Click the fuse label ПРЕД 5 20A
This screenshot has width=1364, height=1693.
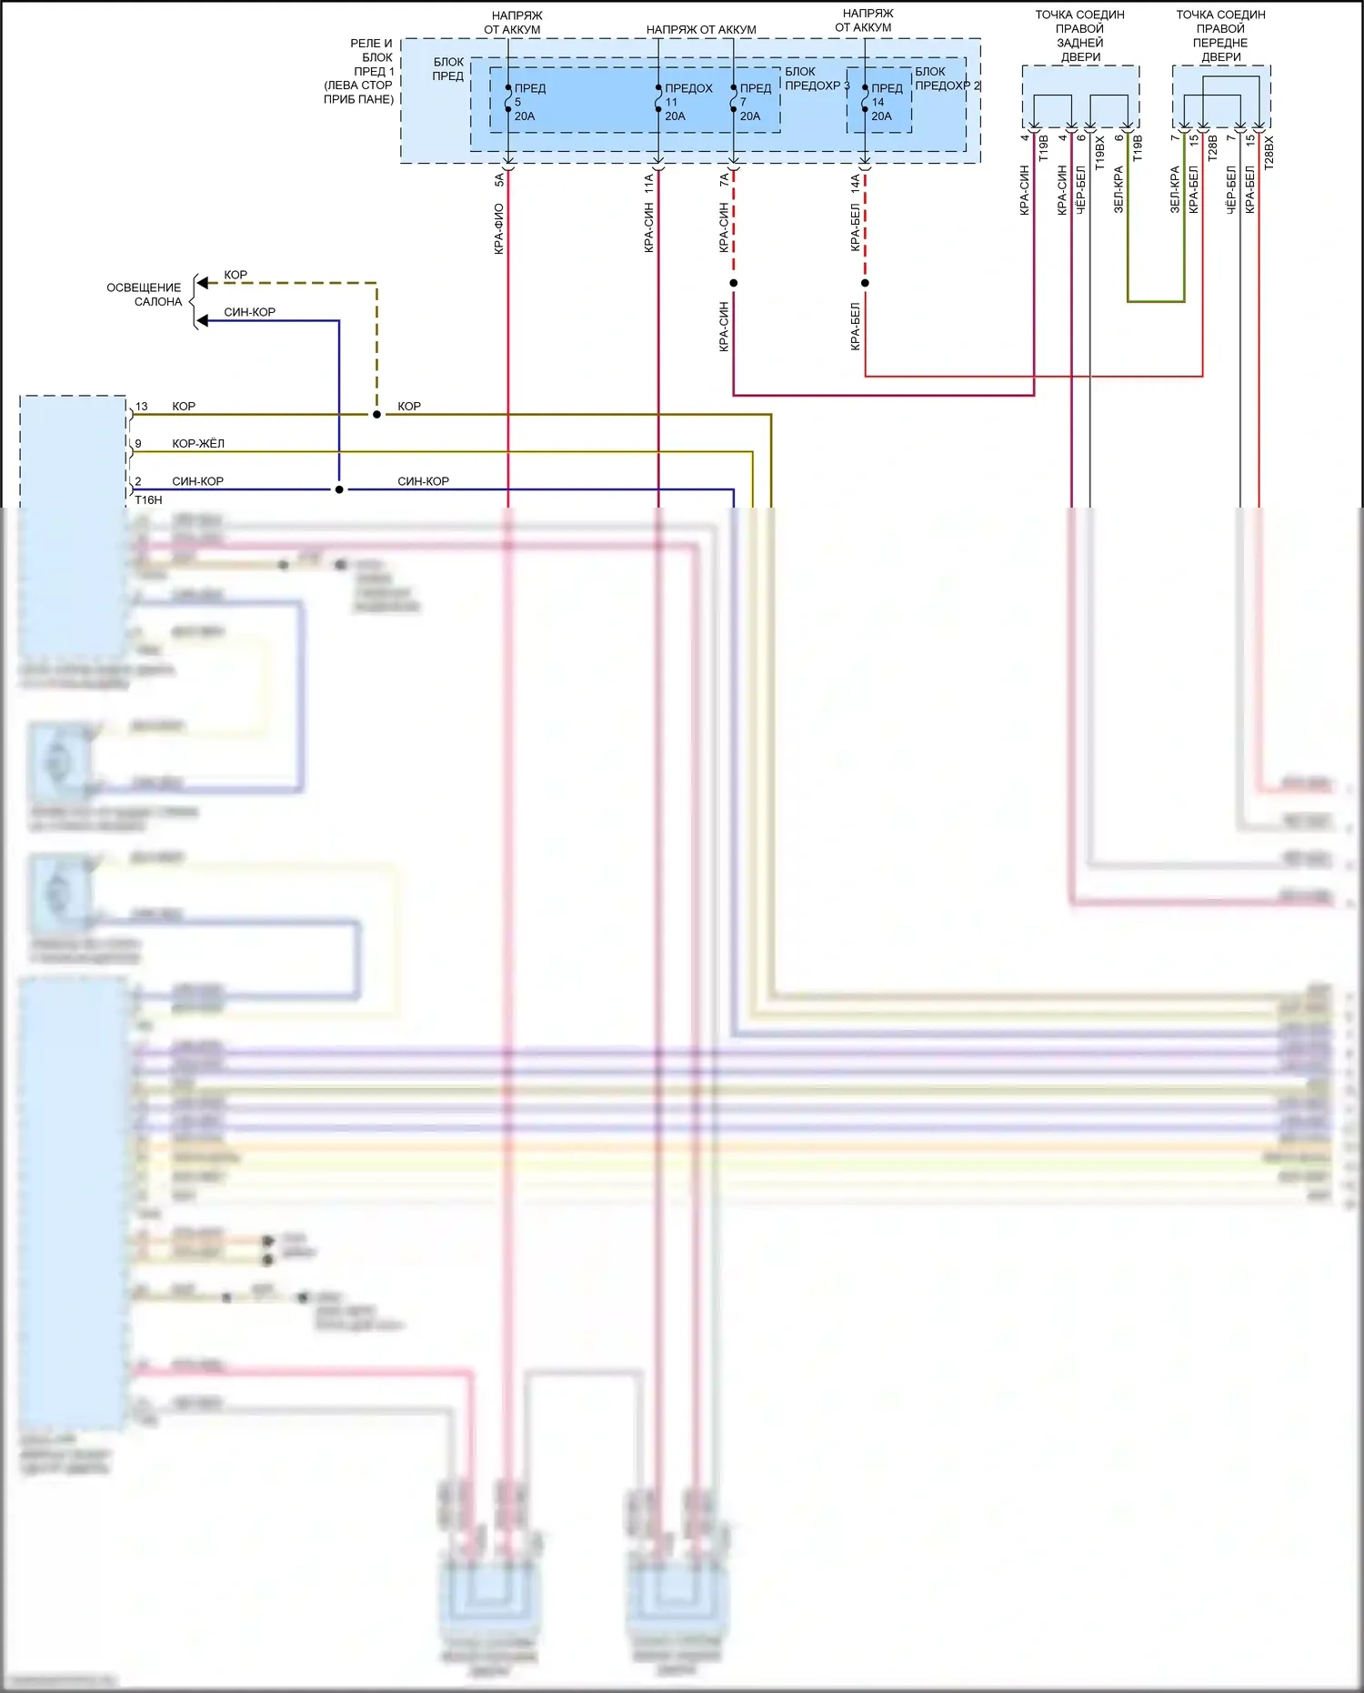pyautogui.click(x=528, y=102)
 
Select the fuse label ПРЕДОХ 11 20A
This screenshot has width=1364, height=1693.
pyautogui.click(x=687, y=102)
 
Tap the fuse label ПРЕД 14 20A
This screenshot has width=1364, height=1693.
pyautogui.click(x=886, y=102)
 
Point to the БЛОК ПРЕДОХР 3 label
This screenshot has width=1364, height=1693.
pyautogui.click(x=816, y=78)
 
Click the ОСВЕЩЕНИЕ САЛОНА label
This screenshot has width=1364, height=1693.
pyautogui.click(x=145, y=294)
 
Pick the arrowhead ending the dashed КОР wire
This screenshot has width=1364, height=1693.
pyautogui.click(x=203, y=283)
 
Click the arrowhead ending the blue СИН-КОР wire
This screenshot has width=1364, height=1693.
pyautogui.click(x=203, y=321)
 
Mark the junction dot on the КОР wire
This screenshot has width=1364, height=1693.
pyautogui.click(x=376, y=414)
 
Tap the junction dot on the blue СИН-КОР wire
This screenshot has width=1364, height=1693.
pyautogui.click(x=339, y=489)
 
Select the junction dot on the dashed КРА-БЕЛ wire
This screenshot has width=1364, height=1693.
pyautogui.click(x=865, y=283)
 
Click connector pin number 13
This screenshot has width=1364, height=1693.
pyautogui.click(x=142, y=407)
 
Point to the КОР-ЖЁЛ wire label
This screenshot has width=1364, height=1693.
pyautogui.click(x=198, y=444)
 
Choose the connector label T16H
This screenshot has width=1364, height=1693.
pyautogui.click(x=148, y=500)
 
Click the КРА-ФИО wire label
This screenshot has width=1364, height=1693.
pyautogui.click(x=498, y=228)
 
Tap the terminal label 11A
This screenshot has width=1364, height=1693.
pyautogui.click(x=648, y=185)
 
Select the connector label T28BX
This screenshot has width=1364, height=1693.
pyautogui.click(x=1269, y=153)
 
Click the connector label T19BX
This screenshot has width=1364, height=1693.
pyautogui.click(x=1099, y=153)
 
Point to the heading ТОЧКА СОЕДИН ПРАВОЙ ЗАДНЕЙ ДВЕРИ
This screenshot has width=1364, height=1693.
pyautogui.click(x=1080, y=35)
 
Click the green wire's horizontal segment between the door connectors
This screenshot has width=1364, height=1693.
pyautogui.click(x=1156, y=301)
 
